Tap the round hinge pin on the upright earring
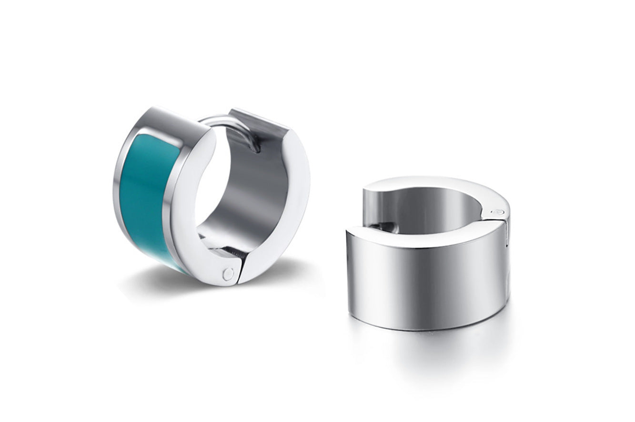[229, 274]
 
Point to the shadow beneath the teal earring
[157, 281]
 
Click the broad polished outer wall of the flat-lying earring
[424, 281]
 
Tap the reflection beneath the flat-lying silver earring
[429, 352]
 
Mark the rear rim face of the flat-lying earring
[429, 183]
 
